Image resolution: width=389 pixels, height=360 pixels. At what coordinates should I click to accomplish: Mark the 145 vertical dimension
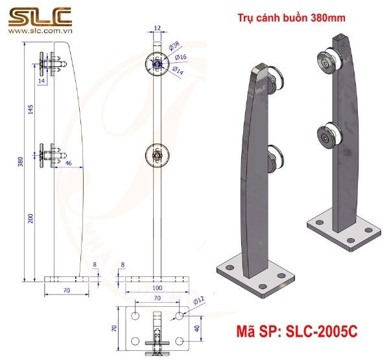[x=30, y=111]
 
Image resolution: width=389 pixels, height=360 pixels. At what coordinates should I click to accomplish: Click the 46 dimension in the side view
[x=69, y=164]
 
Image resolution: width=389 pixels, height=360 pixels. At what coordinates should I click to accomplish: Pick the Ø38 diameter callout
[x=173, y=45]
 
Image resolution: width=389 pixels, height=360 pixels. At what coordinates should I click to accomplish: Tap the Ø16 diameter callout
[x=182, y=57]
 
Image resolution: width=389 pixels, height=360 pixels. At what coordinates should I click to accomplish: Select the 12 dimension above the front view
[x=158, y=28]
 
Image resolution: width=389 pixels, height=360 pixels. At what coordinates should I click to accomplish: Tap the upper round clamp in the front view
[x=156, y=63]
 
